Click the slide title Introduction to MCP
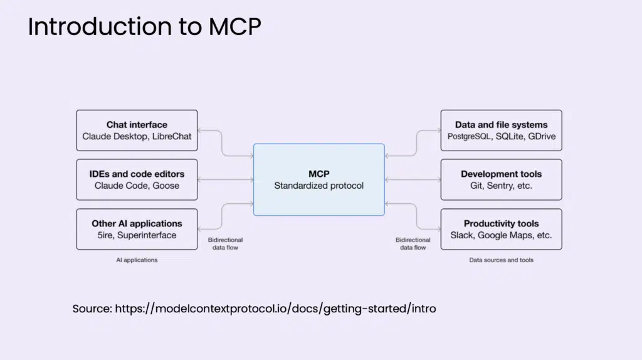point(144,26)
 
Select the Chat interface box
point(137,130)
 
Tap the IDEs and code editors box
point(137,180)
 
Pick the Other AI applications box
point(137,230)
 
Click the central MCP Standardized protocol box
point(319,180)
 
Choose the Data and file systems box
point(501,130)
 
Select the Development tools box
point(501,180)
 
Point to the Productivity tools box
point(501,230)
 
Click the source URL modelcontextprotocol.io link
point(276,309)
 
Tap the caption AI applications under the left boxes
point(137,260)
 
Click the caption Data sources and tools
point(501,260)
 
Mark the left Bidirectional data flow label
point(225,244)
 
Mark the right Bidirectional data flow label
point(413,244)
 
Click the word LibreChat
point(172,136)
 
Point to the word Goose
point(166,186)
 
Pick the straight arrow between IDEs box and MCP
point(226,180)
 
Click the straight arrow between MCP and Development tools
point(413,180)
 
